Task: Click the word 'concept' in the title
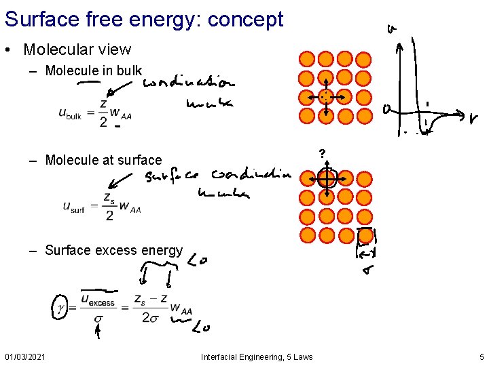(x=246, y=19)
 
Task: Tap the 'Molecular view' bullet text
(x=77, y=49)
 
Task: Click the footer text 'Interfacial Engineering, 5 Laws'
(x=257, y=357)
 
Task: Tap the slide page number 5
(x=481, y=357)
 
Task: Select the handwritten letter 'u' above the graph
(x=391, y=29)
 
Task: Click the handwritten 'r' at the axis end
(x=473, y=119)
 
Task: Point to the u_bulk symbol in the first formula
(x=70, y=115)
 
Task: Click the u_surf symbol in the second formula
(x=73, y=207)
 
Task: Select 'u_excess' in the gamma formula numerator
(x=98, y=300)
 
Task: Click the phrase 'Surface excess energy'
(x=113, y=250)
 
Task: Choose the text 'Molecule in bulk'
(x=94, y=70)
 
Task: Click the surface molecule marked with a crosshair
(x=327, y=178)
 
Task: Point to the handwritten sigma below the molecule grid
(x=367, y=271)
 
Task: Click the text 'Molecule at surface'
(x=103, y=160)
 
